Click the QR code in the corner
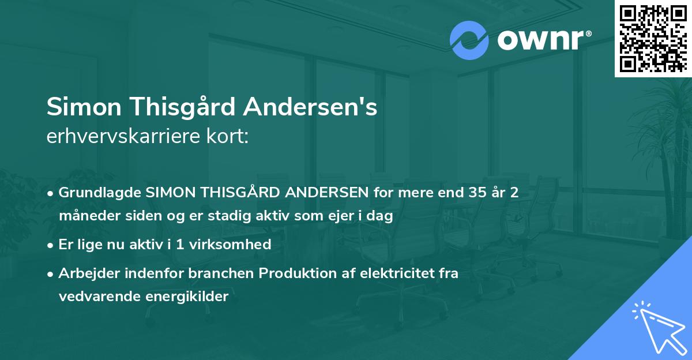653,39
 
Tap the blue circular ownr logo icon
469,40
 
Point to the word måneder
86,216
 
